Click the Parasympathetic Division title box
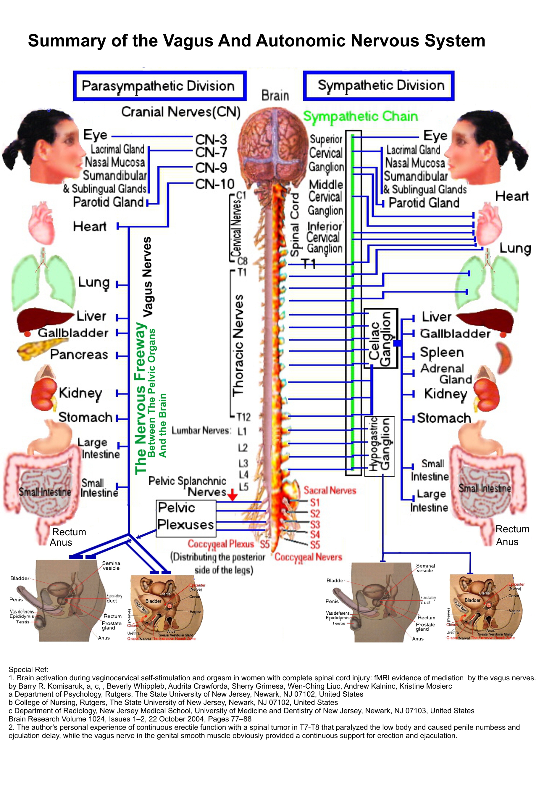click(159, 86)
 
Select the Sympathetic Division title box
click(378, 86)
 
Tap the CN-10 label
click(214, 184)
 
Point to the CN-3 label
click(211, 140)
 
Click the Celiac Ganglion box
click(380, 339)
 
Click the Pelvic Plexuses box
click(186, 518)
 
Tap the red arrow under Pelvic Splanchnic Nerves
click(233, 495)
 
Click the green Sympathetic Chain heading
click(360, 117)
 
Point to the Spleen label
click(442, 352)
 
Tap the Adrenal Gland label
click(446, 374)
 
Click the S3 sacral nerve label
click(315, 524)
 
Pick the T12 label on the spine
click(243, 417)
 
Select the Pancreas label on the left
click(79, 355)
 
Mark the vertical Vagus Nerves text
click(147, 276)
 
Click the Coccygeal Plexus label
click(221, 544)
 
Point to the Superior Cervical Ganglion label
click(326, 153)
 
